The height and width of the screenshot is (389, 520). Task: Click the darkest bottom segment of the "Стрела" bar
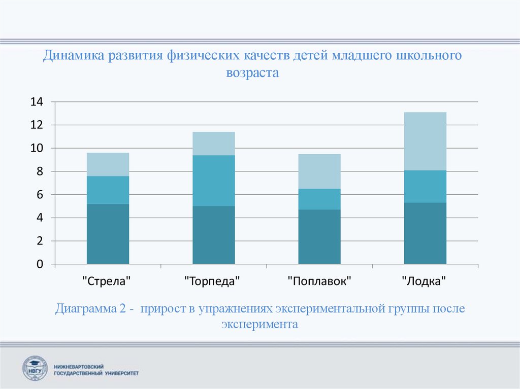tap(108, 234)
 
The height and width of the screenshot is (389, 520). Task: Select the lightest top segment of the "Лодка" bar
tap(425, 141)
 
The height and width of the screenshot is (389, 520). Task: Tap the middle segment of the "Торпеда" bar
tap(213, 181)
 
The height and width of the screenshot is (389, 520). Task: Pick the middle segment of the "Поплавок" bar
tap(319, 199)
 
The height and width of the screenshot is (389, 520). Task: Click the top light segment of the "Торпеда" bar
tap(213, 144)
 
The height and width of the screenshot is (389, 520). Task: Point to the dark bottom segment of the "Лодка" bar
tap(425, 233)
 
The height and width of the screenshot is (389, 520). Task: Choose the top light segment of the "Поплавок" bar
tap(319, 171)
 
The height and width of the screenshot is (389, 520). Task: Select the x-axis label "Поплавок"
tap(319, 280)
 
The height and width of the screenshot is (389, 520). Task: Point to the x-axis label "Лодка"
tap(425, 280)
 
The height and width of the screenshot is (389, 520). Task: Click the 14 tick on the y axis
tap(37, 102)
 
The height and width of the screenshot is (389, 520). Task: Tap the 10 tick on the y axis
tap(37, 148)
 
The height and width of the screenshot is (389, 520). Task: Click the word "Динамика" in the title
tap(73, 55)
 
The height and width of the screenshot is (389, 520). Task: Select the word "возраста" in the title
tap(253, 73)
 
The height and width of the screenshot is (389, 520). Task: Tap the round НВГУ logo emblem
tap(35, 368)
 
